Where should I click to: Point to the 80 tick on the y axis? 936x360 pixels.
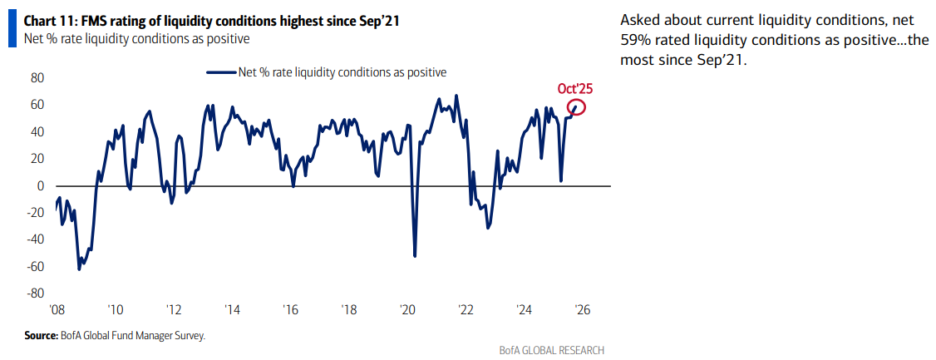pos(37,78)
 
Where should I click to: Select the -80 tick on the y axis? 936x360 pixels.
pos(34,293)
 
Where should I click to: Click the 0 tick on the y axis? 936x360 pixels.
pos(40,186)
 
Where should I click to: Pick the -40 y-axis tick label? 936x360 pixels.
pos(34,239)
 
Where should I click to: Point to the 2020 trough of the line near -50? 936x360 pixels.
pos(415,255)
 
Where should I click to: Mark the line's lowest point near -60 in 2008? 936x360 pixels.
pos(79,269)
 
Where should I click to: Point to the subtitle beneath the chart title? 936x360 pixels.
pos(136,38)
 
